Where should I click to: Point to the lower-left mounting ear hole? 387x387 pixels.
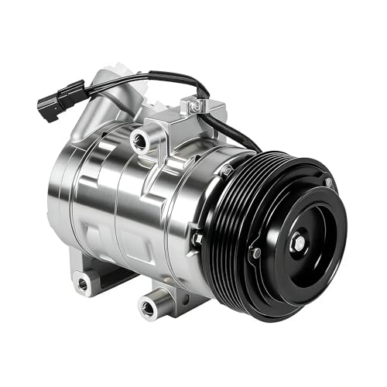coord(82,283)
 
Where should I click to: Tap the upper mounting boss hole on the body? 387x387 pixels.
coord(141,140)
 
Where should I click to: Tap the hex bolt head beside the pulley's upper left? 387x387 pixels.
coord(225,170)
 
